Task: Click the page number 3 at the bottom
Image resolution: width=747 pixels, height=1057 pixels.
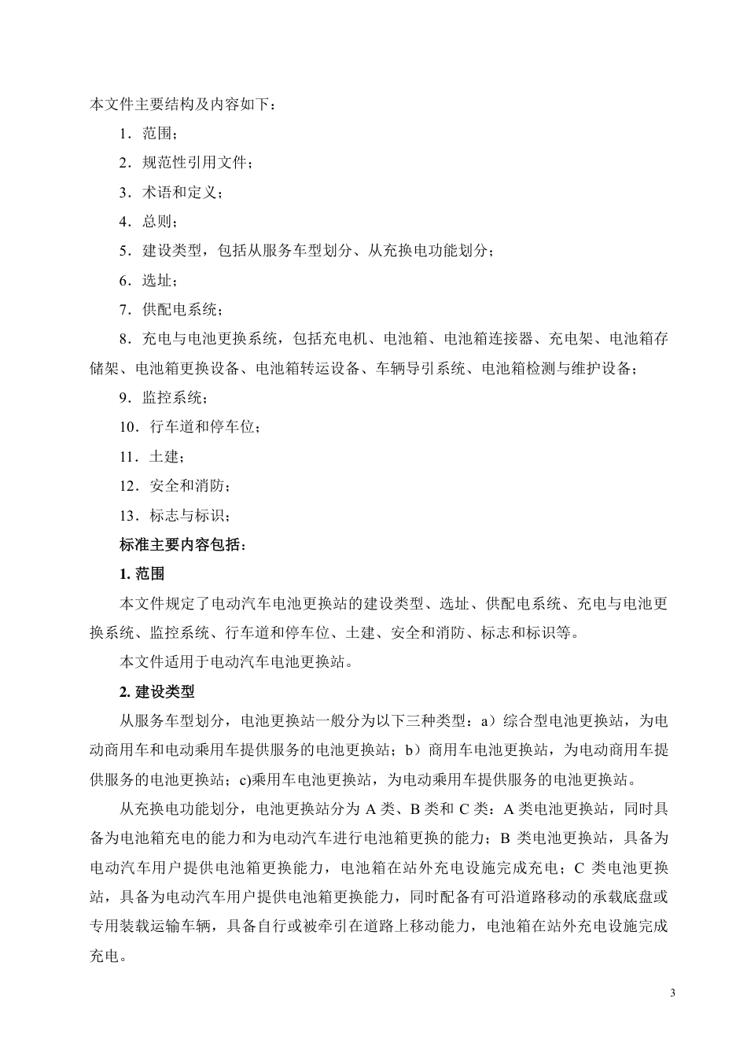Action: [672, 993]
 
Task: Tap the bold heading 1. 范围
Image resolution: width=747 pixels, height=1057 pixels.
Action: [142, 574]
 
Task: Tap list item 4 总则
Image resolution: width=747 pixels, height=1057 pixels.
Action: [149, 222]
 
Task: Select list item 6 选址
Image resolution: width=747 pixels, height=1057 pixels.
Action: [149, 281]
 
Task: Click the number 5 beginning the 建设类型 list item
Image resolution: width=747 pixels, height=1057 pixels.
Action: [124, 252]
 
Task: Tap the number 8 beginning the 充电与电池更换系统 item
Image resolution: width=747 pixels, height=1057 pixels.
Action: [124, 340]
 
